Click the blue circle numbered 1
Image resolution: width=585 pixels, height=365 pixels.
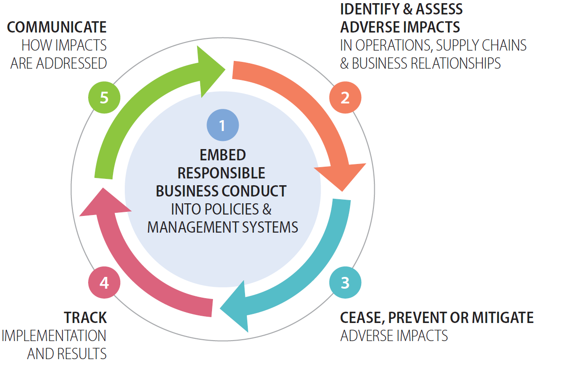[222, 125]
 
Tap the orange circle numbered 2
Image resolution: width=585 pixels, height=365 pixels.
[345, 98]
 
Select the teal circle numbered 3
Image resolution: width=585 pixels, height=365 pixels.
[345, 283]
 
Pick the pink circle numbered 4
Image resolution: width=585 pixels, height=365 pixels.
[104, 283]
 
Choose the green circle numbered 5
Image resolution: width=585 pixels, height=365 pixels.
[104, 98]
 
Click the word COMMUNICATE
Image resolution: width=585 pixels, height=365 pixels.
[57, 27]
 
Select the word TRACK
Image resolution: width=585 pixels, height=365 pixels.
[85, 318]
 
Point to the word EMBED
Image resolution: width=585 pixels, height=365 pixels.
[223, 155]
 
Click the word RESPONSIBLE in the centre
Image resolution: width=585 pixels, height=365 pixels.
[222, 173]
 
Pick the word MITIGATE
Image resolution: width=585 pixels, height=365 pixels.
[503, 318]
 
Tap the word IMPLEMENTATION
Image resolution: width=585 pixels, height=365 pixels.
[54, 336]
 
